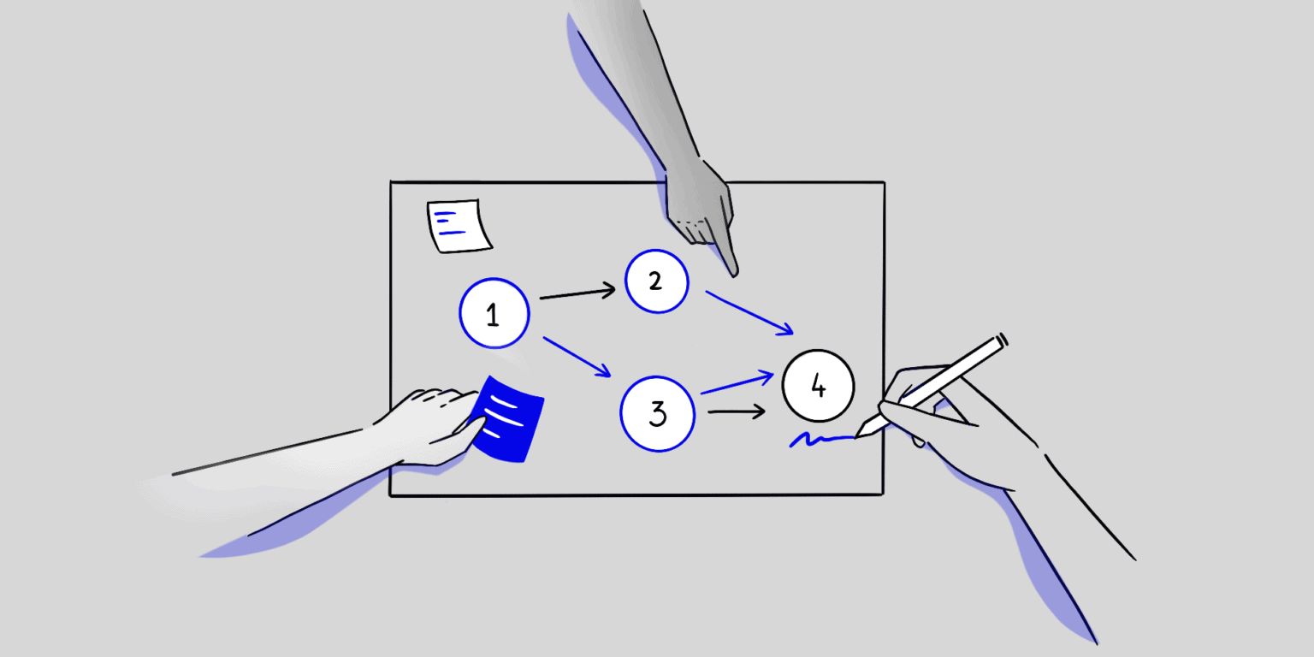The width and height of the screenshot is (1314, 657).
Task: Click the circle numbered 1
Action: [x=493, y=314]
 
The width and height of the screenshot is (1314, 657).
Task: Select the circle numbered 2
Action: [x=656, y=281]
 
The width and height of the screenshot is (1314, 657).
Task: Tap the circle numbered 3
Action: [x=657, y=414]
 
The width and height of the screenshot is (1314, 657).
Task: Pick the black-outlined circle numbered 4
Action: [x=818, y=386]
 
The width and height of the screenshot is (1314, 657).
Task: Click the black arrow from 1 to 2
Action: [x=577, y=293]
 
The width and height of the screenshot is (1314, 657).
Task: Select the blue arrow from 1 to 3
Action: [x=577, y=356]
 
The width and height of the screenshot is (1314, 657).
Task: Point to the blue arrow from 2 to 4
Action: [x=749, y=312]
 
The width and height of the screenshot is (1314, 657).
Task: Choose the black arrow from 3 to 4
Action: [x=737, y=412]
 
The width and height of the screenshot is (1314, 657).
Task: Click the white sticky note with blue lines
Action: [x=459, y=226]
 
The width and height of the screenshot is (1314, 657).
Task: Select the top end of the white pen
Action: [x=1002, y=339]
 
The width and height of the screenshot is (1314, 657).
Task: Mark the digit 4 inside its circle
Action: [x=818, y=387]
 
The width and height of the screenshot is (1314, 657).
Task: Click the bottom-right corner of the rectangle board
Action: [x=883, y=494]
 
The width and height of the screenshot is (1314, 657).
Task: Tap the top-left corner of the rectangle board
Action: [x=391, y=182]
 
